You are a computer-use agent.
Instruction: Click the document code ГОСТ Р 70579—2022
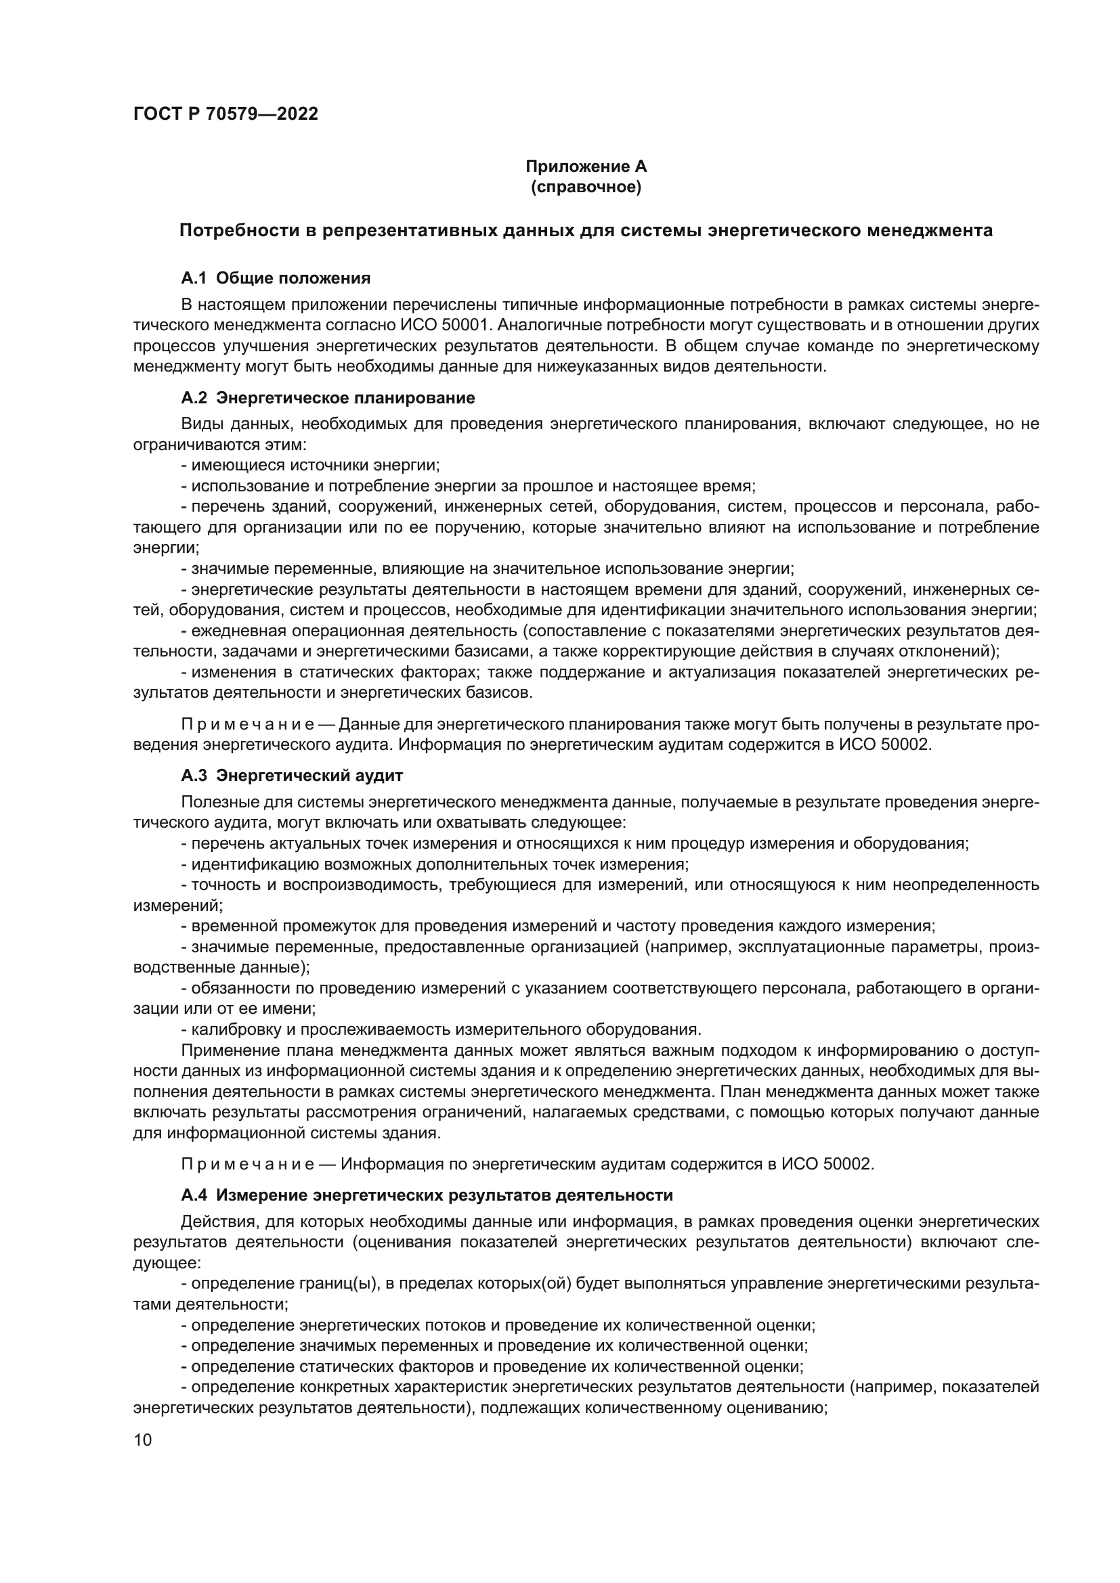(225, 114)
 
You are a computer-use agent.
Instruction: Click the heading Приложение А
(586, 166)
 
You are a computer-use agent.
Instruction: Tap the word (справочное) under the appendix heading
(586, 187)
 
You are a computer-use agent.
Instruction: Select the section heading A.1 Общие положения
(275, 278)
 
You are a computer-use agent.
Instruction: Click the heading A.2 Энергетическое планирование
(328, 398)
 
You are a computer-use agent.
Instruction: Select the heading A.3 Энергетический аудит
(292, 776)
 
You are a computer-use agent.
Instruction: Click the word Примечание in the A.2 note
(248, 725)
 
